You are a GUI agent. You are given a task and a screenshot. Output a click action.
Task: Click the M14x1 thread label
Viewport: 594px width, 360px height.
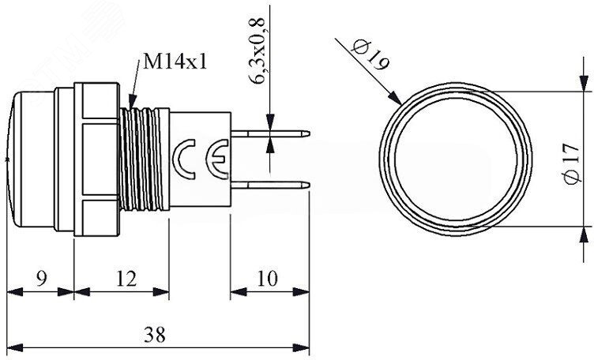175,61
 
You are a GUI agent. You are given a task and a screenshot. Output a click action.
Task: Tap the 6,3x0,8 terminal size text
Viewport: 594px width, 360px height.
257,50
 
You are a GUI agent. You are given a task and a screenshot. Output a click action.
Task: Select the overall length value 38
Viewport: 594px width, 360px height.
155,335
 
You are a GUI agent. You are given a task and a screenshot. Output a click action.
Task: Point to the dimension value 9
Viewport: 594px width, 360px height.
42,279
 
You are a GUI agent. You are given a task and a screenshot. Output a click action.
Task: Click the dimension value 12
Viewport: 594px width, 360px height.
126,279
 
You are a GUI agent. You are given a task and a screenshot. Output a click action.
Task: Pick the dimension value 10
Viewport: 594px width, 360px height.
268,279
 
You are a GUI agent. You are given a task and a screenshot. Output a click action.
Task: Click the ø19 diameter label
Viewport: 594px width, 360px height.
370,55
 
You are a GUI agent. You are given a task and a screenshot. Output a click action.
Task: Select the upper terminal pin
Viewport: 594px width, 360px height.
270,133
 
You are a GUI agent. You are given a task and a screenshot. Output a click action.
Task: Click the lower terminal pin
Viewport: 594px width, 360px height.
270,185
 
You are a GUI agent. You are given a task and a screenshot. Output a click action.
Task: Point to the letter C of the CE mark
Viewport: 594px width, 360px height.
184,159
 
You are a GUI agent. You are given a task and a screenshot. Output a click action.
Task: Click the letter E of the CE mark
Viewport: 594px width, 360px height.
217,159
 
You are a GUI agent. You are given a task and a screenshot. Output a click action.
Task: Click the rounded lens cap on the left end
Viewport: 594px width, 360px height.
30,159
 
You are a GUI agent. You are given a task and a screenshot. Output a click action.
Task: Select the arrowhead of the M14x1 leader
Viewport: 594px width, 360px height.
132,102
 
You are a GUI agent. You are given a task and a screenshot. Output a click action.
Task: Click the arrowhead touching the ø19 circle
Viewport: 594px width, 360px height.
395,98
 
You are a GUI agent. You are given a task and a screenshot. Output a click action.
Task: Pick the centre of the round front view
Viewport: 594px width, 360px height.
456,159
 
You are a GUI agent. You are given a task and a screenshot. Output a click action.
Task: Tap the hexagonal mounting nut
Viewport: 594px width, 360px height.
97,159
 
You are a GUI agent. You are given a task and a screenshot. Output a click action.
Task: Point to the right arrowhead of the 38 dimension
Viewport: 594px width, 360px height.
301,347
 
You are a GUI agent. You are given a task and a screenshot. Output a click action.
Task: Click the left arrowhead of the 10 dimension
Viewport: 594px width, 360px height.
239,292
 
